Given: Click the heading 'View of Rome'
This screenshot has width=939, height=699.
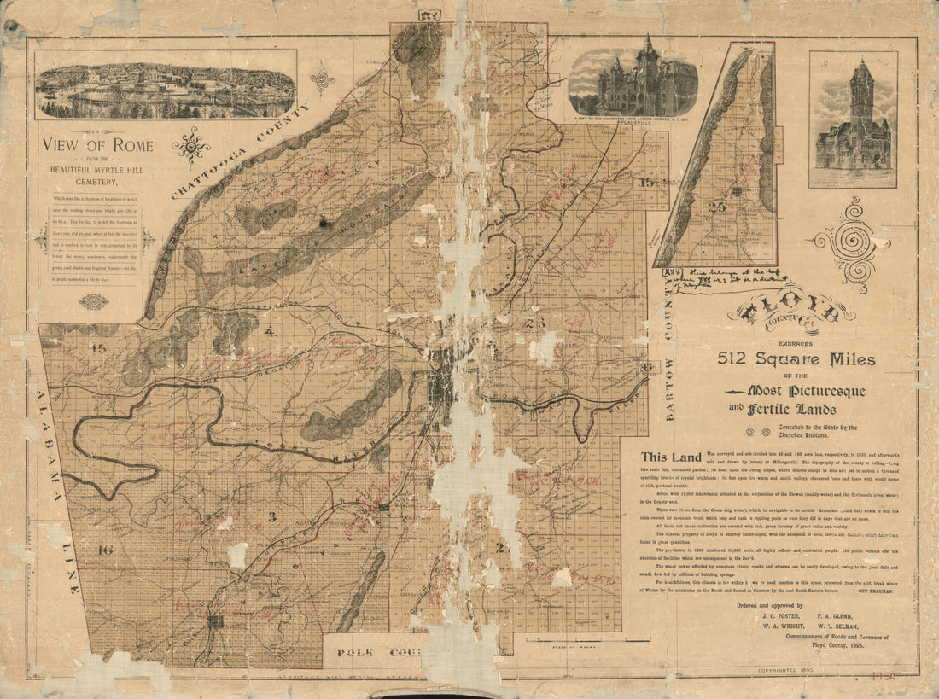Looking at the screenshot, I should coord(98,145).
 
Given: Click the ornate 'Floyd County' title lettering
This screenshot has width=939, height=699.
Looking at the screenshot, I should coord(790,312).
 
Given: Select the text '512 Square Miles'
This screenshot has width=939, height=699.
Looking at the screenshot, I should coord(796,359).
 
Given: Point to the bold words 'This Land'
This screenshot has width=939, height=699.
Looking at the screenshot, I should coord(673,457).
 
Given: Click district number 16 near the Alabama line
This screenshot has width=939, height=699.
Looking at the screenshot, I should coord(106,550).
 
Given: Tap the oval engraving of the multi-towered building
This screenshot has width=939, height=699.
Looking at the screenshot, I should coord(633,82).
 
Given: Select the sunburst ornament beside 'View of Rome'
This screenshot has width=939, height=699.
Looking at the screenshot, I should coord(191,145).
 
